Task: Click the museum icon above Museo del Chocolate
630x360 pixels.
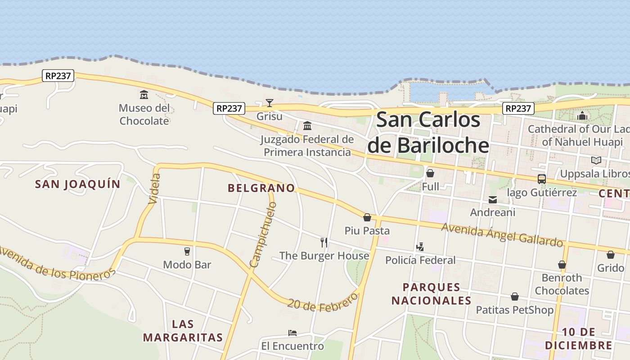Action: click(144, 94)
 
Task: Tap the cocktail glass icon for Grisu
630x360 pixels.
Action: click(269, 103)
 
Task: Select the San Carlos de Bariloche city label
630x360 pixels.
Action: click(428, 132)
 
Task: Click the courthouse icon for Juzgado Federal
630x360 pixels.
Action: click(307, 126)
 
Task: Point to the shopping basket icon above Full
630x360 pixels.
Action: click(430, 173)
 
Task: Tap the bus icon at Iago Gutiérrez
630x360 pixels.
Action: click(542, 179)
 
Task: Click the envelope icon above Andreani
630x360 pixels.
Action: click(493, 199)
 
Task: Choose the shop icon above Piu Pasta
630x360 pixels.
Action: click(367, 217)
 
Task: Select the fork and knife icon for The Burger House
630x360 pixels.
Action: click(324, 243)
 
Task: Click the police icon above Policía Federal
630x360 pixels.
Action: click(420, 247)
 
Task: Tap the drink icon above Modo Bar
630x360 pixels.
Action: click(187, 251)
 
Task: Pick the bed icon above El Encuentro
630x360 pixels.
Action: click(292, 333)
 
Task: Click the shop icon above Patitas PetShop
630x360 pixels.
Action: click(515, 297)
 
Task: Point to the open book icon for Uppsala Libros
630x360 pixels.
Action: click(596, 160)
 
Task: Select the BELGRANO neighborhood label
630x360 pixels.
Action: click(261, 188)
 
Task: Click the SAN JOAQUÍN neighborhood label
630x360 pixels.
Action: click(78, 184)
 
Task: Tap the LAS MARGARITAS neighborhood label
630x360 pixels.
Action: click(183, 331)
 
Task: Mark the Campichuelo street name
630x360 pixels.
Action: click(263, 235)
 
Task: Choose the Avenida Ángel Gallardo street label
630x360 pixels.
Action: click(502, 234)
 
